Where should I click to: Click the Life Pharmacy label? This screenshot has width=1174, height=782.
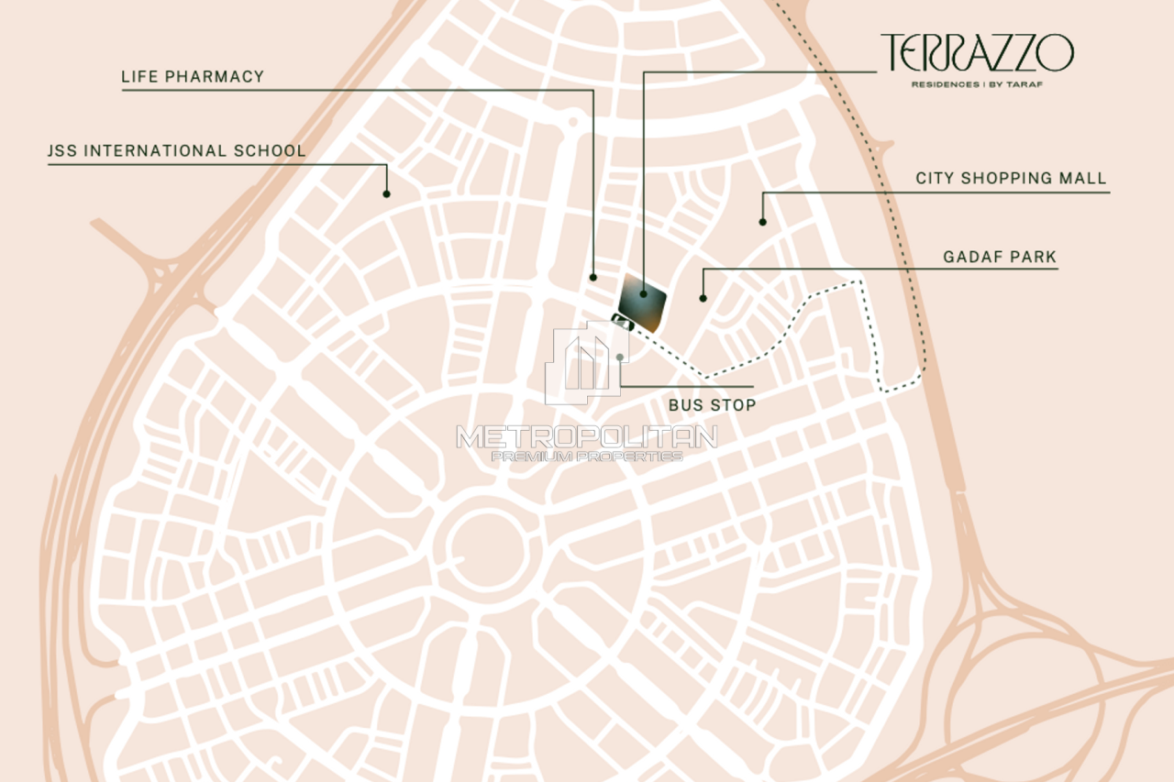point(193,77)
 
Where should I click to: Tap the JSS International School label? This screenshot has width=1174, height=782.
point(177,150)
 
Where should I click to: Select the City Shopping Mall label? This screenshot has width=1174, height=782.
point(1011,178)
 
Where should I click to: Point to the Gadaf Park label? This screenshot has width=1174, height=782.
point(1000,258)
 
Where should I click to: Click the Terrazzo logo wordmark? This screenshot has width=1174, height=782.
point(977,53)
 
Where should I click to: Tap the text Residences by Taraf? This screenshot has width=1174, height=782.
point(977,84)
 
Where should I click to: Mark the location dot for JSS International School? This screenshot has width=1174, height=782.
point(386,193)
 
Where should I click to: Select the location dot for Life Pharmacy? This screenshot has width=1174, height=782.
point(593,276)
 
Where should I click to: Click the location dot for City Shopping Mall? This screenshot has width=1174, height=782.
point(762,221)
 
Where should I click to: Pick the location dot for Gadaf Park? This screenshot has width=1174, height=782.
point(703,297)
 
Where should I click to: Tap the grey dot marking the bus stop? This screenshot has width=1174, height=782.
point(621,357)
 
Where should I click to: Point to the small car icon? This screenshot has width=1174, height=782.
point(623,321)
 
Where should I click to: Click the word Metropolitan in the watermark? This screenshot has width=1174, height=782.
point(587,436)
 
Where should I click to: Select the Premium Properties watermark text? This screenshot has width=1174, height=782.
point(587,456)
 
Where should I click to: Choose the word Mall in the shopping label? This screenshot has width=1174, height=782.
point(1084,178)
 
